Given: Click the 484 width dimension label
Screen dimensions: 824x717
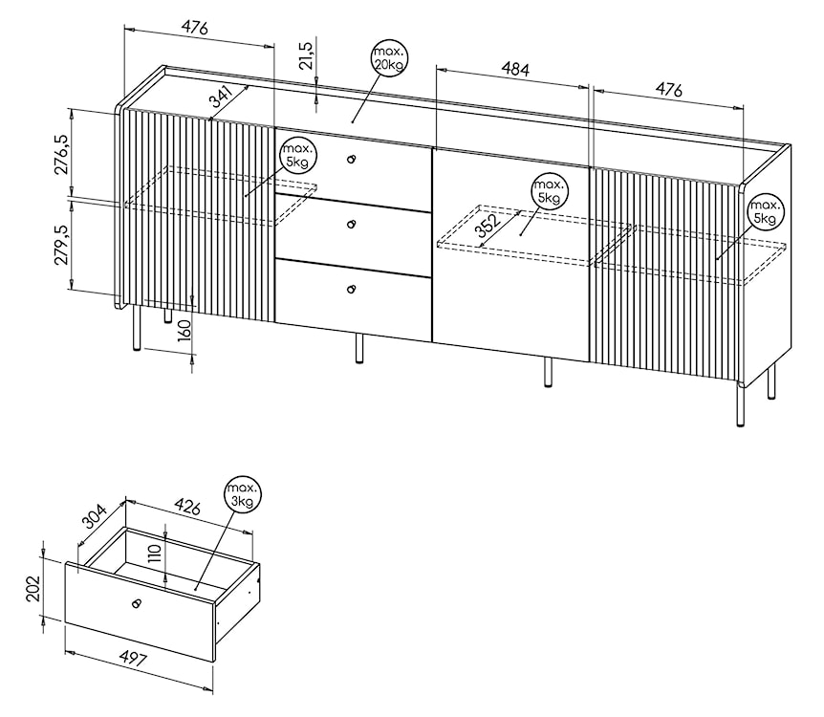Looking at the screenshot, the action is pos(515,70).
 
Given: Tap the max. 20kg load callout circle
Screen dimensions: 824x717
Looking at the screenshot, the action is pos(389,58).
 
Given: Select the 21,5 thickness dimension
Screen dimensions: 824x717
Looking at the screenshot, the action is pos(307,54).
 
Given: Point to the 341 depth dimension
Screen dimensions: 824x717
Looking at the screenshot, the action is pos(221,96).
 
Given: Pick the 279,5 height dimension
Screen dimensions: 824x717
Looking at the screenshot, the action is pos(61,245).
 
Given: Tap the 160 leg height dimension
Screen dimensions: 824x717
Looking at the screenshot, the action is pos(184,330).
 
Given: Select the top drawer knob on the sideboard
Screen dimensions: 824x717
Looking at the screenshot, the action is pos(351,159).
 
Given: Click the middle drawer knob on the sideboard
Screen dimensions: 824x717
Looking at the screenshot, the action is pos(352,225).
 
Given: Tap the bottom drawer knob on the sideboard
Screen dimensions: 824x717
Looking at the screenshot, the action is pos(351,289).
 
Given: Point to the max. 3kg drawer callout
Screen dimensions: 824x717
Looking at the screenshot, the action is pos(242,495).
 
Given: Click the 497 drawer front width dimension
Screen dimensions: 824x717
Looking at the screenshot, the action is pos(133,657).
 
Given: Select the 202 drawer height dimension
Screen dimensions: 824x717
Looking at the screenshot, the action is pos(33,589).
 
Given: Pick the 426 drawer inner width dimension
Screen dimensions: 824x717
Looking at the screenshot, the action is pos(187,508).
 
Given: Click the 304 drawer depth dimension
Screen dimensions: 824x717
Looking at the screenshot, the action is pos(95,515).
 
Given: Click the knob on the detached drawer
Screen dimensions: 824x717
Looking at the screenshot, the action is pos(137,603).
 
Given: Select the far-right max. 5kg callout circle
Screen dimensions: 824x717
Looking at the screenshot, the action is pos(765,211).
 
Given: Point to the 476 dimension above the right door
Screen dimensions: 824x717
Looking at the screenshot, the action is pos(668,91).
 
